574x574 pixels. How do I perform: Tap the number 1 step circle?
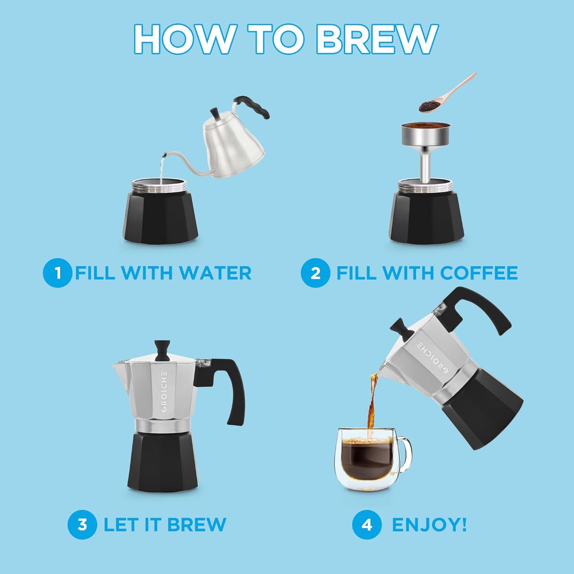(x=57, y=273)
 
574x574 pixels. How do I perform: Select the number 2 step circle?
(x=315, y=273)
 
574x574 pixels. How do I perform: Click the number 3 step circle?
(x=82, y=524)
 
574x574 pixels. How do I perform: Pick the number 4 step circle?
(x=366, y=524)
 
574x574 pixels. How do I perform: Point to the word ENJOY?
(x=429, y=524)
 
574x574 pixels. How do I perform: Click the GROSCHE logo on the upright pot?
(x=165, y=393)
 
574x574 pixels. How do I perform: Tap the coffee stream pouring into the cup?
(x=372, y=405)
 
